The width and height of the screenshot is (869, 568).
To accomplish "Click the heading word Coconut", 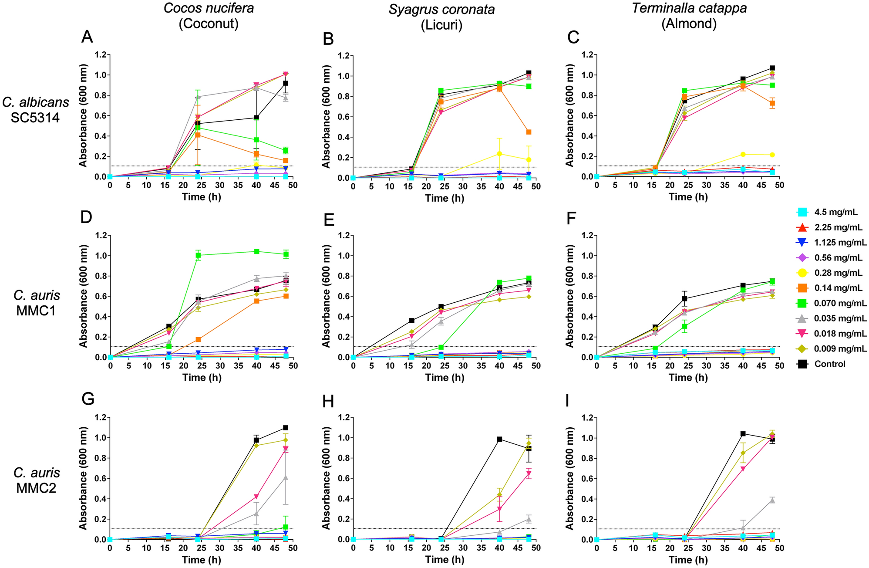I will click(x=209, y=23).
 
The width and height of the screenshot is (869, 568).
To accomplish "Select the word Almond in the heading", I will click(x=689, y=23).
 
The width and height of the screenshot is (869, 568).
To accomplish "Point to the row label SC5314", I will click(x=35, y=117).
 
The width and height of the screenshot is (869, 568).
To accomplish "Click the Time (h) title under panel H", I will click(x=445, y=560).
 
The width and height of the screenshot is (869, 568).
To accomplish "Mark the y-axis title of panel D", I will click(x=83, y=296).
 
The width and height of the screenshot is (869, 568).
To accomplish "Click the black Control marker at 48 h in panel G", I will click(x=286, y=428).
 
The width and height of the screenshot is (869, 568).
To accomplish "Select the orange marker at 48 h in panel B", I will click(x=529, y=132).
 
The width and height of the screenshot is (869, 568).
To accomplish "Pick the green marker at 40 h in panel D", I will click(x=257, y=251).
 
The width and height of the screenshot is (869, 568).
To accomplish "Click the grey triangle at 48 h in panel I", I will click(x=772, y=500).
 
